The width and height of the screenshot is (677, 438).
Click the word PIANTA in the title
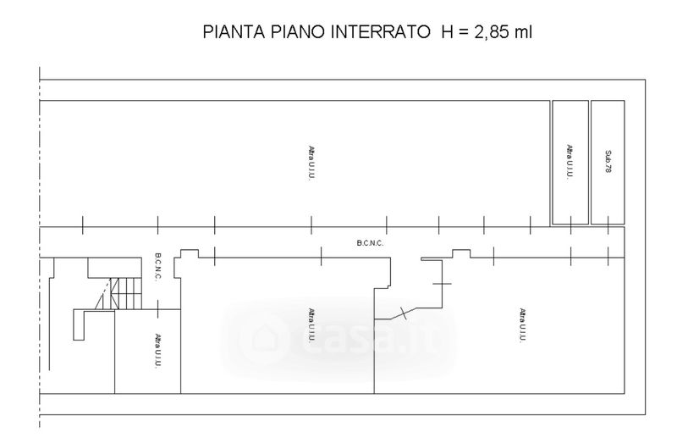click(234, 32)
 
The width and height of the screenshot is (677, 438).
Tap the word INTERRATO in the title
click(380, 32)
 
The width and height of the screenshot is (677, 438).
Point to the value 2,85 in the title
click(492, 32)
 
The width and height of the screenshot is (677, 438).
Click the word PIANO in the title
click(298, 32)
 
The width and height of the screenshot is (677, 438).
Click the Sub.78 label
click(608, 162)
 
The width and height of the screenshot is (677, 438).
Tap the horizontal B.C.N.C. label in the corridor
click(370, 243)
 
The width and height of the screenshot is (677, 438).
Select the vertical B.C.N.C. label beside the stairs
click(157, 267)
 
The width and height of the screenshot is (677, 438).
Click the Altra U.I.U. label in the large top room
click(311, 163)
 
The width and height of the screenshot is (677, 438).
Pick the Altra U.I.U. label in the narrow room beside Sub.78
click(570, 161)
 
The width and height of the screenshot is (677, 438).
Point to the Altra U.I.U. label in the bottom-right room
click(522, 325)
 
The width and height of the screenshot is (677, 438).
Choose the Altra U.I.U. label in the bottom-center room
click(311, 325)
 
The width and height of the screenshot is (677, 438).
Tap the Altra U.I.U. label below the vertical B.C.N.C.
click(158, 351)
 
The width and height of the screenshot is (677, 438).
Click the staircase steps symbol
click(125, 294)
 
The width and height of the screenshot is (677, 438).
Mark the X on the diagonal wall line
click(404, 313)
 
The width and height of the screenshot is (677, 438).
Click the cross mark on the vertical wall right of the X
click(442, 284)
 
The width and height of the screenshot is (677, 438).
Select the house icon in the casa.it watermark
click(263, 336)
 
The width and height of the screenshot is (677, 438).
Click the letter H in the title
click(447, 32)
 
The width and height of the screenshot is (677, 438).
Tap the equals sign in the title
click(463, 32)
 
